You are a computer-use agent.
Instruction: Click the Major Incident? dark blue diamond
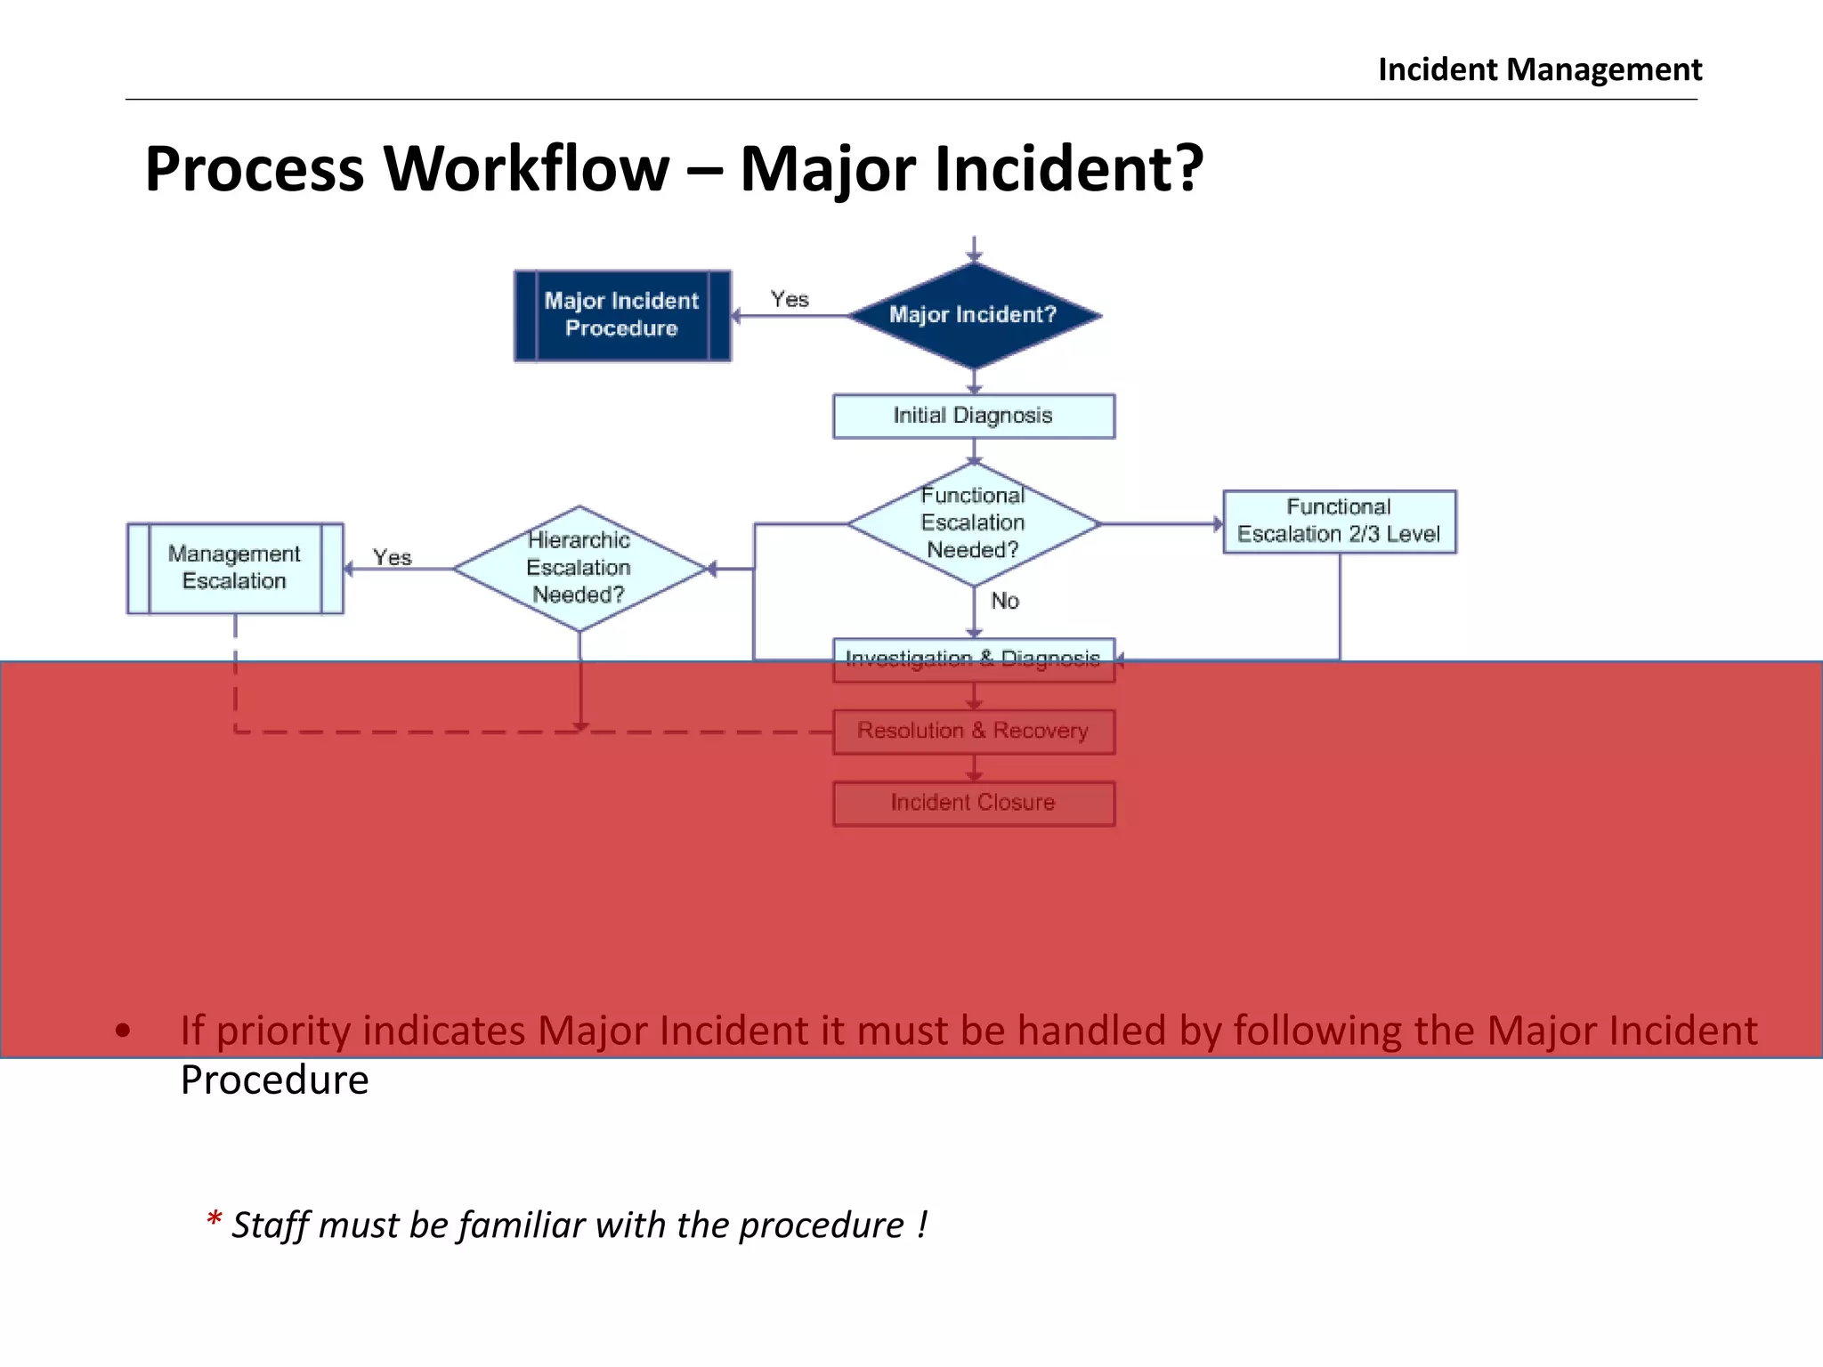974,315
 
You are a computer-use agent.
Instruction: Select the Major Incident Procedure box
622,315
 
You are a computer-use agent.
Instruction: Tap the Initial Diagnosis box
973,416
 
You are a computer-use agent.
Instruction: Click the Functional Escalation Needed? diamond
973,523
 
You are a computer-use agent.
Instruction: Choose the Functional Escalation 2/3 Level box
1339,522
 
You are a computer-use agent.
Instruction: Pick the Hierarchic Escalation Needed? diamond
579,568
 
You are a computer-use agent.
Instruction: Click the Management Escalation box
235,568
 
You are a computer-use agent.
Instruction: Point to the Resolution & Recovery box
973,732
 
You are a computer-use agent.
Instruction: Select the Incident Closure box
973,804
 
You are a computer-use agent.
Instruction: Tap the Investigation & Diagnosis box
973,659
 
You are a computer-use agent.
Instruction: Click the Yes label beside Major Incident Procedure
790,300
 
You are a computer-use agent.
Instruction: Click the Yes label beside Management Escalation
392,558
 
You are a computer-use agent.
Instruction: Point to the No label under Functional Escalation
1005,602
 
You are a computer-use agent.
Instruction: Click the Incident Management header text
1539,69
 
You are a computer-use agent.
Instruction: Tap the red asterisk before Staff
214,1220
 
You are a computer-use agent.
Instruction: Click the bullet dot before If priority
123,1031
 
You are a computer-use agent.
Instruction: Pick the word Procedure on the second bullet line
274,1080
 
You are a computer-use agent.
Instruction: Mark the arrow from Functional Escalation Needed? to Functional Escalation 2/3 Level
1162,524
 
